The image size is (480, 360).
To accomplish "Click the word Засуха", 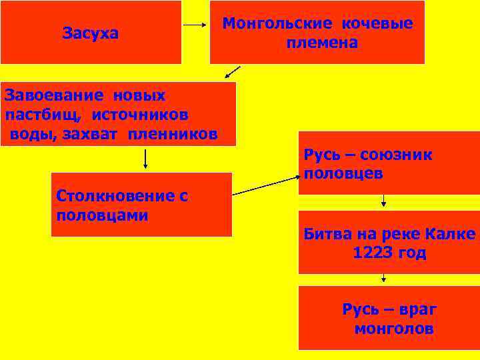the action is [90, 33].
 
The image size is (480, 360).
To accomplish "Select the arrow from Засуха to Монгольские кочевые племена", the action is [195, 25].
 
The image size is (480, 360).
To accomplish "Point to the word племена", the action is [322, 43].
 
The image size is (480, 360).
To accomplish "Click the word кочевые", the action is [377, 23].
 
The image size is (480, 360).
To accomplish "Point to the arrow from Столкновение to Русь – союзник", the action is [265, 186].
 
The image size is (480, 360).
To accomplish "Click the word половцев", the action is [343, 174].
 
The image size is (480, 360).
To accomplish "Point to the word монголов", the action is [394, 329].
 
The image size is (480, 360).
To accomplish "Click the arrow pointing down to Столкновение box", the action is [145, 159].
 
